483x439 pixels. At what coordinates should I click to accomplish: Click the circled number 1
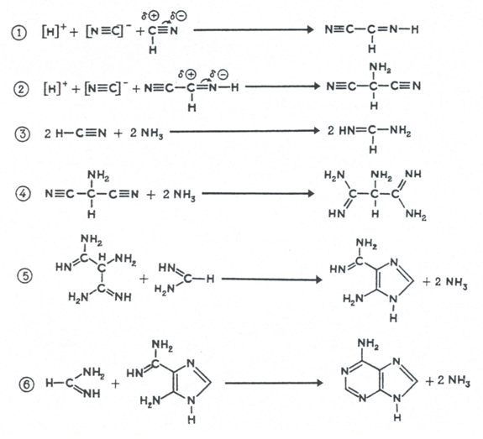pyautogui.click(x=19, y=33)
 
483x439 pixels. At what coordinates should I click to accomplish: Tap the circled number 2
pyautogui.click(x=21, y=89)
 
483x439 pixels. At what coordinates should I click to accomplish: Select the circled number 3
pyautogui.click(x=23, y=134)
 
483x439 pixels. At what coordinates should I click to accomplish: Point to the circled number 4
pyautogui.click(x=24, y=194)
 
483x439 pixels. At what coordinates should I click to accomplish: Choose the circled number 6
pyautogui.click(x=27, y=384)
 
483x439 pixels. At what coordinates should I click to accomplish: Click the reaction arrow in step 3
pyautogui.click(x=244, y=131)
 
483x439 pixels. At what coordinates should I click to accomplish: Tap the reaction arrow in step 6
pyautogui.click(x=274, y=383)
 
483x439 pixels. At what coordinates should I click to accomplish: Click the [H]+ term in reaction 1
pyautogui.click(x=54, y=30)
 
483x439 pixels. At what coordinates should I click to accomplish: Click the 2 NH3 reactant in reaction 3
pyautogui.click(x=146, y=133)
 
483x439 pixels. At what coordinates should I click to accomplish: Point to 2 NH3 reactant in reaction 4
pyautogui.click(x=179, y=195)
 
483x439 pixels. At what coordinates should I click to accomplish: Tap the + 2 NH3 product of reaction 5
pyautogui.click(x=445, y=282)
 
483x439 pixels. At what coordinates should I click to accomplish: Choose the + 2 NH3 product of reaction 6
pyautogui.click(x=448, y=381)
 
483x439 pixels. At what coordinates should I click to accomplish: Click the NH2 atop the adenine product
pyautogui.click(x=368, y=343)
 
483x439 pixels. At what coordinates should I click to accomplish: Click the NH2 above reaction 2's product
pyautogui.click(x=381, y=67)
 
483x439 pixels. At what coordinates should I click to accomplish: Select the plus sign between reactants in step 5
pyautogui.click(x=144, y=280)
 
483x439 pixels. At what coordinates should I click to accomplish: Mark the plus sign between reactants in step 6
pyautogui.click(x=115, y=384)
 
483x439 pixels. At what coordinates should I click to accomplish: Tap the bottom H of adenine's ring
pyautogui.click(x=397, y=417)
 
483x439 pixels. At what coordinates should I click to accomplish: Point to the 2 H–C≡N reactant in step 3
pyautogui.click(x=76, y=133)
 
